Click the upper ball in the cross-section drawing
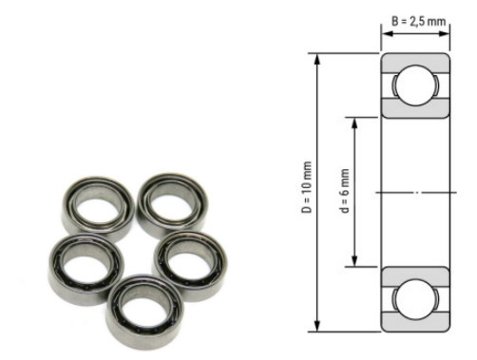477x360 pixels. [416, 92]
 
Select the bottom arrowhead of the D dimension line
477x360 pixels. [318, 329]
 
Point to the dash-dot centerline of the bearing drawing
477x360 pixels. [416, 193]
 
